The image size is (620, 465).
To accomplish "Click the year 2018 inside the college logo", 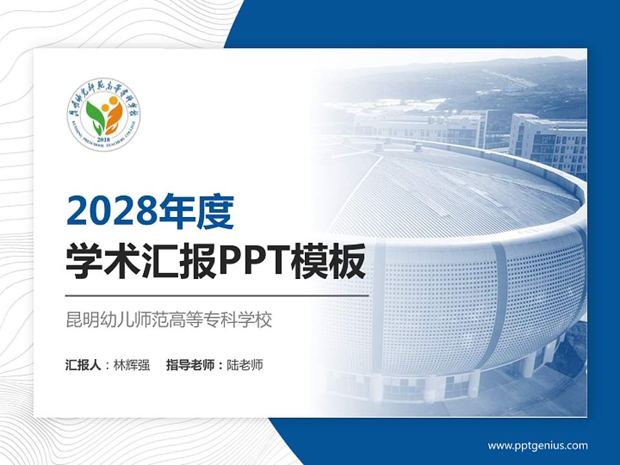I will [x=103, y=138].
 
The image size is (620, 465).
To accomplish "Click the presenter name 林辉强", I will [x=131, y=365].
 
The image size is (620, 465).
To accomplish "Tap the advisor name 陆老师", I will [x=245, y=365].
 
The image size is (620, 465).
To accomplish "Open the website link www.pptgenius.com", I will [x=537, y=445].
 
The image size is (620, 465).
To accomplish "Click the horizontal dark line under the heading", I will [x=217, y=296].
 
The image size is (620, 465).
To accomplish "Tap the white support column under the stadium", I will [x=529, y=366].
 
